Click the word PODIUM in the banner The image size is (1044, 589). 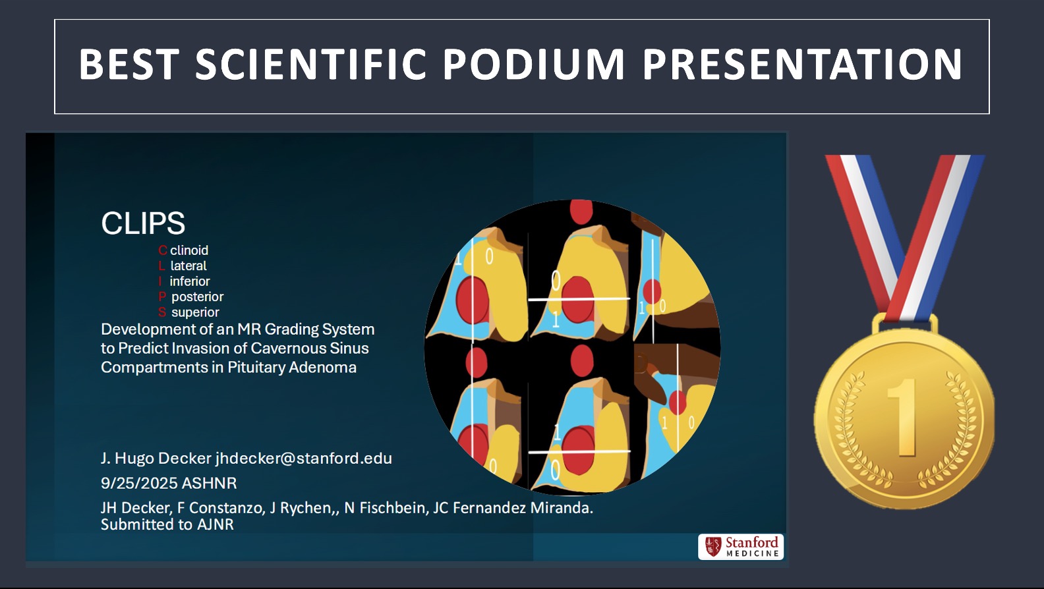[x=533, y=64]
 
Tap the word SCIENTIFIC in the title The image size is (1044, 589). [x=310, y=64]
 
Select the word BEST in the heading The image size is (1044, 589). [x=129, y=64]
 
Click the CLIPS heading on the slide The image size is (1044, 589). [x=143, y=223]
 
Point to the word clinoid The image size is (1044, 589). [x=189, y=250]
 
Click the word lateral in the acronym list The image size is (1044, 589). [x=188, y=266]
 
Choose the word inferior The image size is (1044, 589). [x=190, y=281]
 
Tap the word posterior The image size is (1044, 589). [x=198, y=297]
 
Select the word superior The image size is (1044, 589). [x=195, y=312]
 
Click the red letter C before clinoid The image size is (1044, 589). [x=163, y=250]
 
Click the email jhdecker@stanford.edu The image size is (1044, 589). [x=303, y=458]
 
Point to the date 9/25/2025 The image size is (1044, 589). [x=138, y=483]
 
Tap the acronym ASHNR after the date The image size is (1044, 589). [x=209, y=483]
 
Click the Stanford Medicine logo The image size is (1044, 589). [x=741, y=547]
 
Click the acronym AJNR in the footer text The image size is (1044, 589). [x=215, y=524]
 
